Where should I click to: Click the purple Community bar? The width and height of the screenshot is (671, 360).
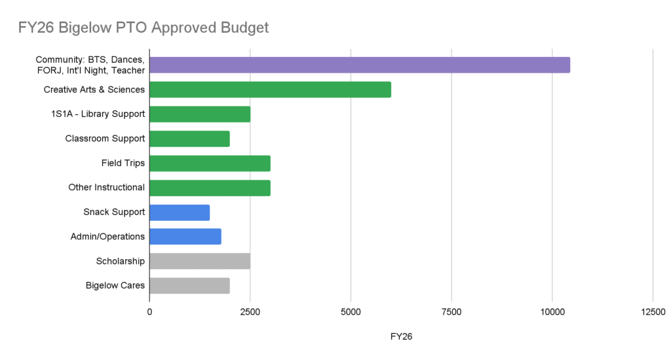pyautogui.click(x=360, y=65)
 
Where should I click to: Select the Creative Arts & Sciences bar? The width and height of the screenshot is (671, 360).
pyautogui.click(x=270, y=89)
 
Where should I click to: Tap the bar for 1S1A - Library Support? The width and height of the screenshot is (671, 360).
pyautogui.click(x=200, y=114)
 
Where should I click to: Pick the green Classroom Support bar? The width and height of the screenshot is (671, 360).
pyautogui.click(x=189, y=138)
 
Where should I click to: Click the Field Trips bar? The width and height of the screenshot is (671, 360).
pyautogui.click(x=210, y=163)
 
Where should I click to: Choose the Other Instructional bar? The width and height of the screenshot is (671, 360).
pyautogui.click(x=210, y=188)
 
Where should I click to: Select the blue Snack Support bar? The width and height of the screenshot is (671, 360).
pyautogui.click(x=180, y=212)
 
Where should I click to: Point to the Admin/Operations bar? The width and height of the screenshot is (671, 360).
pyautogui.click(x=185, y=236)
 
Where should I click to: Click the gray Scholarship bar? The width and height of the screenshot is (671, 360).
pyautogui.click(x=200, y=261)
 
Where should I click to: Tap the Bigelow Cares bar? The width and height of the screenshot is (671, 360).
pyautogui.click(x=189, y=285)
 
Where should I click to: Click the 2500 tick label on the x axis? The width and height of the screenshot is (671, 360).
pyautogui.click(x=250, y=311)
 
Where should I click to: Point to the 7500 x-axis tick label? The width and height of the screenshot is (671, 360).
pyautogui.click(x=451, y=311)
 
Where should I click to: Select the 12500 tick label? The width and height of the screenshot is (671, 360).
pyautogui.click(x=652, y=311)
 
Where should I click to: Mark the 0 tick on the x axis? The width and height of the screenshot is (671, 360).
pyautogui.click(x=149, y=311)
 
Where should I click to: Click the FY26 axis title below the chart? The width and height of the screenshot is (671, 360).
pyautogui.click(x=400, y=336)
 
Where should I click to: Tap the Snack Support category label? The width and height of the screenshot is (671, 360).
pyautogui.click(x=114, y=212)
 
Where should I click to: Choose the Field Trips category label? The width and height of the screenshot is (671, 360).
pyautogui.click(x=123, y=163)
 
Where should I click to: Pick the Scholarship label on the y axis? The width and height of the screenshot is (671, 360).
pyautogui.click(x=120, y=261)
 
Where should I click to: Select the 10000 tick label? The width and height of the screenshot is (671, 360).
pyautogui.click(x=552, y=311)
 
